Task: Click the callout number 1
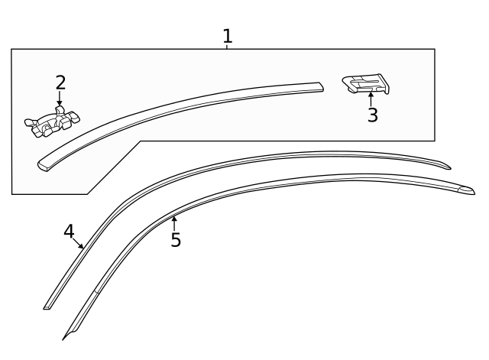(x=227, y=35)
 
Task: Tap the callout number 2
(x=60, y=83)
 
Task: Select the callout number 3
(x=372, y=116)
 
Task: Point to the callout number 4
(x=69, y=230)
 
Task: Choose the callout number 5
(x=176, y=240)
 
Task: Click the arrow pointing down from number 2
(x=60, y=99)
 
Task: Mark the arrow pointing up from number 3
(x=371, y=98)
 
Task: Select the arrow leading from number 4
(x=79, y=244)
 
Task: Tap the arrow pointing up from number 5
(x=175, y=223)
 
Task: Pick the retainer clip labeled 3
(x=366, y=84)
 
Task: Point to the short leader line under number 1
(x=227, y=47)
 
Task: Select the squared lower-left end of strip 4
(x=47, y=306)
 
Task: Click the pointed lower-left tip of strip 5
(x=65, y=337)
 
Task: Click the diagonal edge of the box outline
(x=115, y=167)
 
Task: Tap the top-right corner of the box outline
(x=435, y=50)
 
